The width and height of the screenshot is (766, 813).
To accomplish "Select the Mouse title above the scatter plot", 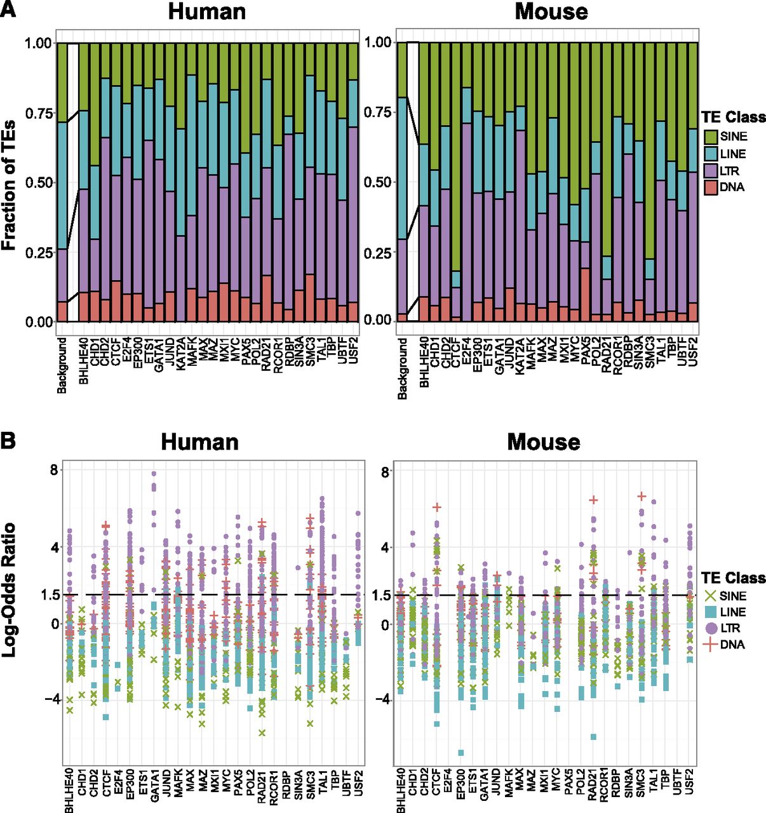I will click(x=543, y=441).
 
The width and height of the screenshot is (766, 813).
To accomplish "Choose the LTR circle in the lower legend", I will click(x=712, y=628).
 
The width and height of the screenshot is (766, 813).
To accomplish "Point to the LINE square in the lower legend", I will click(x=712, y=612).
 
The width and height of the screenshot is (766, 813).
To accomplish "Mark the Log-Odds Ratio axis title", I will click(x=10, y=590).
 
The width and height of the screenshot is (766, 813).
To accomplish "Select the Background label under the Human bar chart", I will click(x=62, y=365).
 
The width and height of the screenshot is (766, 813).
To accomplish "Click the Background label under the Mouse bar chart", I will click(x=402, y=368).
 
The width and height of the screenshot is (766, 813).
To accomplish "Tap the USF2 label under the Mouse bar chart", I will click(x=693, y=351).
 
